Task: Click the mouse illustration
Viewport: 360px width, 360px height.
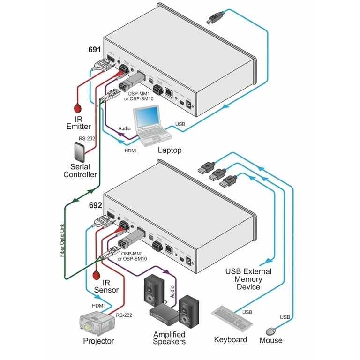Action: [271, 331]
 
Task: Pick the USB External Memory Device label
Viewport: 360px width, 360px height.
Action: [248, 279]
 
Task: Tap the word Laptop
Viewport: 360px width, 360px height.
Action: [169, 150]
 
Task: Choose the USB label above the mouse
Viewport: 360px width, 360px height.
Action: [285, 317]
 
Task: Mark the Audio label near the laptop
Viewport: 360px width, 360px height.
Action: [124, 127]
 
